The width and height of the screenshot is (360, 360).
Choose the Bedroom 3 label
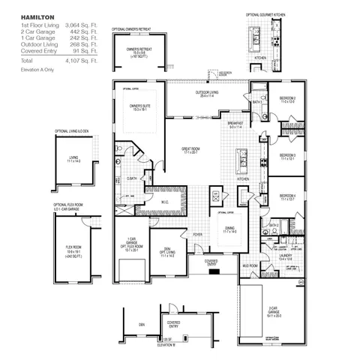[288, 156]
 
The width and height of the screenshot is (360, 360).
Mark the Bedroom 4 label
[288, 197]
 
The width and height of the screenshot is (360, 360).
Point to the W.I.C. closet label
[167, 202]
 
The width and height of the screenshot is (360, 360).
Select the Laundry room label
[286, 256]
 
